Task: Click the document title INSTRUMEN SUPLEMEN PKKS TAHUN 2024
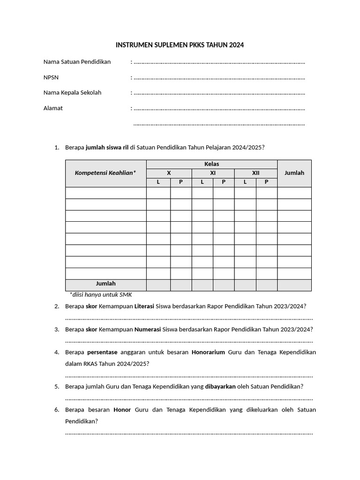pyautogui.click(x=180, y=45)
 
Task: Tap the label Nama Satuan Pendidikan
pyautogui.click(x=77, y=62)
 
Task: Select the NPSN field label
pyautogui.click(x=51, y=77)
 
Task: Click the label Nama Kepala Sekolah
pyautogui.click(x=72, y=93)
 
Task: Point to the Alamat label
pyautogui.click(x=53, y=108)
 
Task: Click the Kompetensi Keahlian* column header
pyautogui.click(x=105, y=173)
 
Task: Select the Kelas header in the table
pyautogui.click(x=211, y=164)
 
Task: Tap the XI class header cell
pyautogui.click(x=213, y=173)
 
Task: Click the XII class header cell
pyautogui.click(x=255, y=173)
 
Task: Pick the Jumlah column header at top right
pyautogui.click(x=294, y=173)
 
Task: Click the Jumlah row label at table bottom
pyautogui.click(x=105, y=284)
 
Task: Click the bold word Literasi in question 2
pyautogui.click(x=144, y=306)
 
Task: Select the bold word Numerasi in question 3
pyautogui.click(x=148, y=330)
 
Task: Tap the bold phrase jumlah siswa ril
pyautogui.click(x=107, y=148)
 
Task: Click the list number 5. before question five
pyautogui.click(x=56, y=387)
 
